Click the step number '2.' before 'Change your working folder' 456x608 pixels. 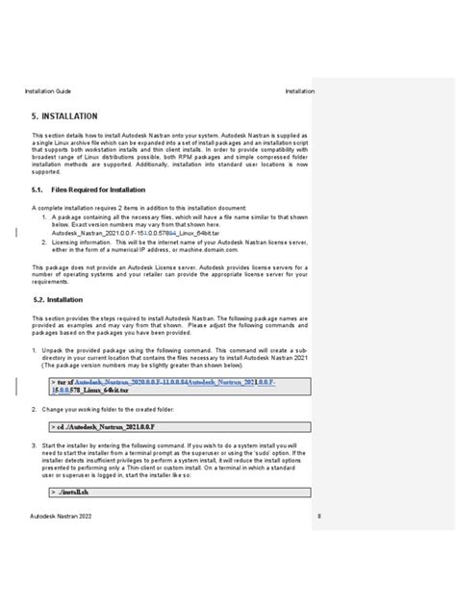[35, 408]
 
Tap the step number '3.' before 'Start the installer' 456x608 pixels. [35, 446]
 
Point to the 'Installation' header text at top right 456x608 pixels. [299, 91]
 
